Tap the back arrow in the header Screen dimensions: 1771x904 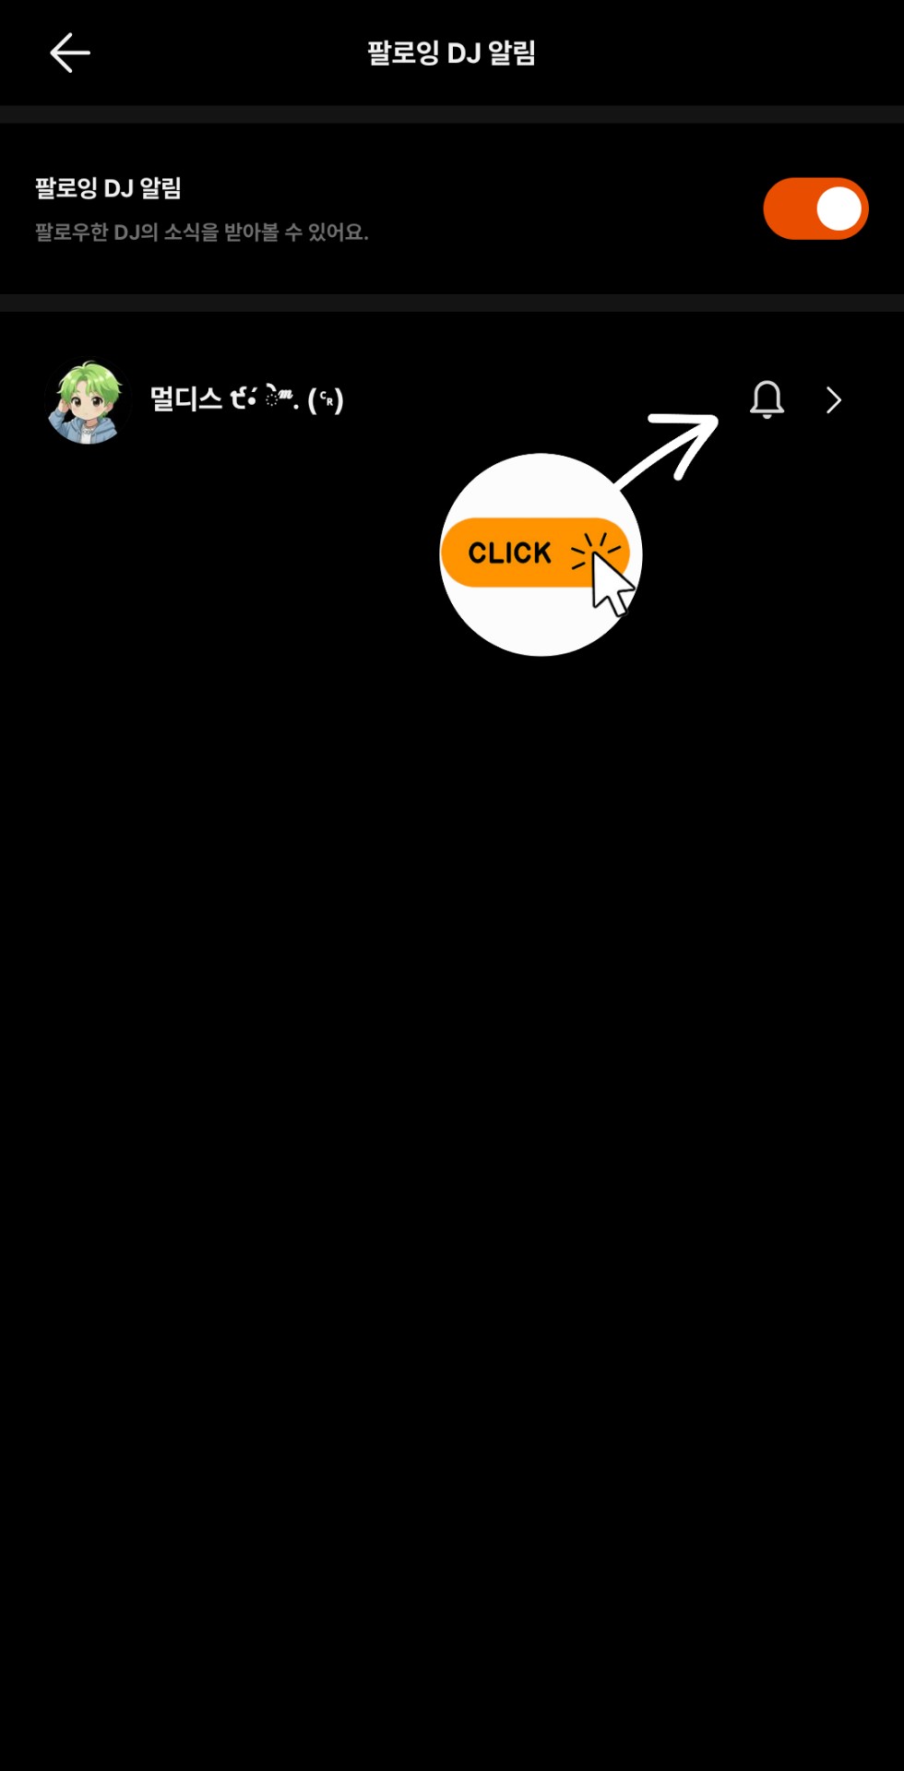tap(69, 53)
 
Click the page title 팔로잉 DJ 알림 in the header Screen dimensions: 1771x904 tap(451, 53)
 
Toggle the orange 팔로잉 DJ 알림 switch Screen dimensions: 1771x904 tap(815, 208)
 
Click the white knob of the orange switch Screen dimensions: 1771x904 tap(839, 208)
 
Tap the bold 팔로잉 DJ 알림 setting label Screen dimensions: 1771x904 tap(108, 188)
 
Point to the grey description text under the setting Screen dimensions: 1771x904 tap(201, 232)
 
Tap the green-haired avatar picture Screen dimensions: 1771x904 tap(88, 401)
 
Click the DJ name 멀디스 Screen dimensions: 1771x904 tap(185, 398)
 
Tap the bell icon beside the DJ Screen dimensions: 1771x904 tap(767, 399)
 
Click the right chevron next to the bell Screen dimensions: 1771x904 tap(834, 399)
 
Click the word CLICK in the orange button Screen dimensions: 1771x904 tap(509, 553)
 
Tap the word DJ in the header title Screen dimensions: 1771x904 tap(465, 53)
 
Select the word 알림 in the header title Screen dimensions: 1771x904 tap(512, 53)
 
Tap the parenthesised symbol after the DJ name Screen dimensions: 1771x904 tap(326, 399)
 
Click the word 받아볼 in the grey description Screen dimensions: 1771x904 tap(251, 232)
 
